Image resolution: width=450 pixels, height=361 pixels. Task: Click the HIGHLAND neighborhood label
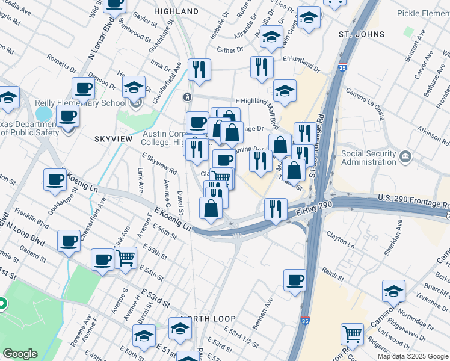tap(176, 11)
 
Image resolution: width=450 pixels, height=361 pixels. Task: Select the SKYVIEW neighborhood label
tap(112, 138)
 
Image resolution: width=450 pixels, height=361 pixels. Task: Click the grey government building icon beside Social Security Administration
tap(406, 158)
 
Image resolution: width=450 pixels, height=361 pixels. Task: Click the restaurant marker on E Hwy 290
tap(276, 210)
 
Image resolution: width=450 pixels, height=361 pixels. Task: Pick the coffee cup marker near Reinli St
tap(295, 280)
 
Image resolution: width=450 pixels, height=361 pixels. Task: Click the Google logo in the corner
tap(20, 354)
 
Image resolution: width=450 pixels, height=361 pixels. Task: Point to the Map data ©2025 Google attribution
tap(412, 356)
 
